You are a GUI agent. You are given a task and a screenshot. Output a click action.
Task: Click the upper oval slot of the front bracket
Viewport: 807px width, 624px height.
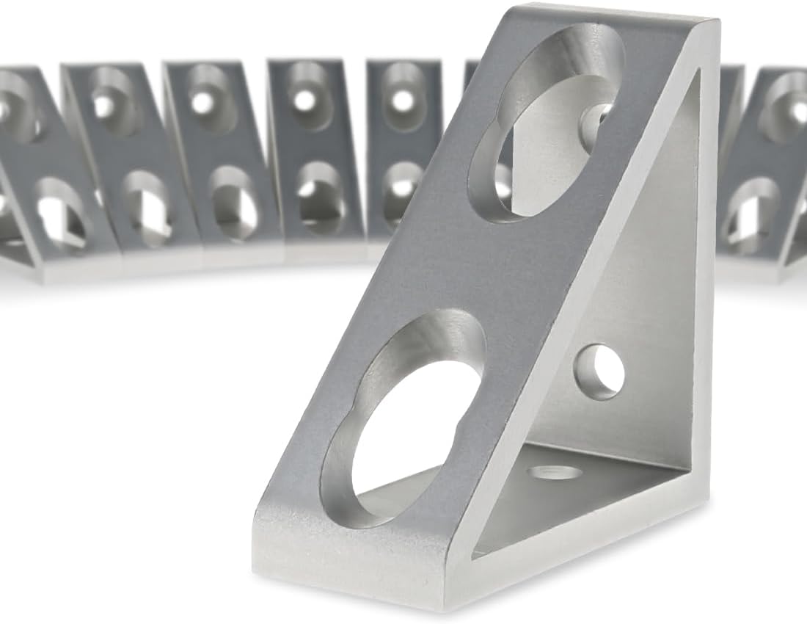(x=547, y=121)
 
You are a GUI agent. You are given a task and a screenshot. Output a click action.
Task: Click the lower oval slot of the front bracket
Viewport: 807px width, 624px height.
(x=407, y=418)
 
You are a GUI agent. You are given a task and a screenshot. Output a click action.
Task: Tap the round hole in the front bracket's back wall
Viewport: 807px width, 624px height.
(x=599, y=371)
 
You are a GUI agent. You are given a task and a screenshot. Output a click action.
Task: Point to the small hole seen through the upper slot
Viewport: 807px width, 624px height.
(x=596, y=117)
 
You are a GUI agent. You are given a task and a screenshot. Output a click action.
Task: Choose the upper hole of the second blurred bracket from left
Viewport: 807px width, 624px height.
(x=110, y=103)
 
